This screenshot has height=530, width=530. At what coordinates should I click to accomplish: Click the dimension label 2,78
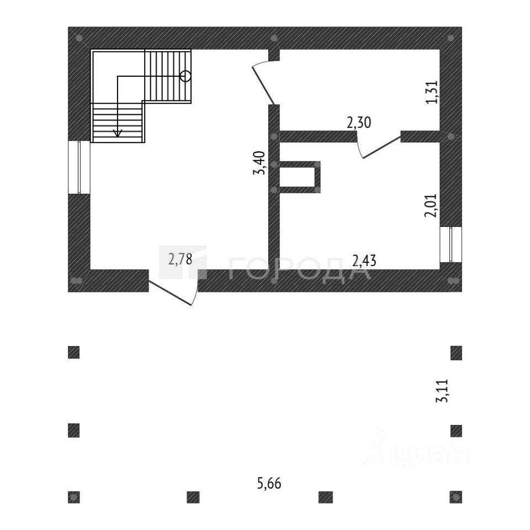point(181,258)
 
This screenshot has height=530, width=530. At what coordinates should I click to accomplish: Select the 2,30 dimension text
point(358,123)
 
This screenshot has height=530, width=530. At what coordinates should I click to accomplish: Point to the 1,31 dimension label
point(432,92)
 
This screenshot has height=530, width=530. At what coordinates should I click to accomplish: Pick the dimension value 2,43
point(364,259)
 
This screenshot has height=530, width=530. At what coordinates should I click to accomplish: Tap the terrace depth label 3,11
point(442,391)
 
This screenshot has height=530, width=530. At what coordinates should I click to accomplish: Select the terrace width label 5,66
point(269,484)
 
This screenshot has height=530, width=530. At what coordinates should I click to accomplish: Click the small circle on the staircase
point(185,76)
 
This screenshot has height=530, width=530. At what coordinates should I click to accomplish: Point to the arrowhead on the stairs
point(117,132)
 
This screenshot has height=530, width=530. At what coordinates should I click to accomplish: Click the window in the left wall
point(79,167)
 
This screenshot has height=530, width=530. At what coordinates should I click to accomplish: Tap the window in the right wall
point(451,244)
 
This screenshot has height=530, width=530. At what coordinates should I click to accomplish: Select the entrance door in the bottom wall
point(174,290)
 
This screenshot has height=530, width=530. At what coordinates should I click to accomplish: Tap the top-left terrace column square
point(74,352)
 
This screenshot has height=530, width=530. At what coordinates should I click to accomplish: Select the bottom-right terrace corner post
point(456,497)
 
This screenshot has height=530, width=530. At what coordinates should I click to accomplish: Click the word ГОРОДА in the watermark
point(298,269)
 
